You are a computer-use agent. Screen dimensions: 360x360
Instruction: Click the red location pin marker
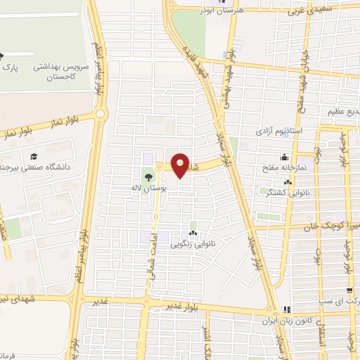click(x=180, y=165)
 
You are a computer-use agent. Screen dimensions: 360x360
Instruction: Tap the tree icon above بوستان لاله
click(x=148, y=177)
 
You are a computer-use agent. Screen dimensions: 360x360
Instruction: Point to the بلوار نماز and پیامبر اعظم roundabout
click(x=101, y=113)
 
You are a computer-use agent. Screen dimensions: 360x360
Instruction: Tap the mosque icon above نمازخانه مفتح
click(x=283, y=157)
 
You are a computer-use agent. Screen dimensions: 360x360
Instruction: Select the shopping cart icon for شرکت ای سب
click(x=350, y=290)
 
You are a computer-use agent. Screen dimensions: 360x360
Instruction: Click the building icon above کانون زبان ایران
click(x=285, y=310)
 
